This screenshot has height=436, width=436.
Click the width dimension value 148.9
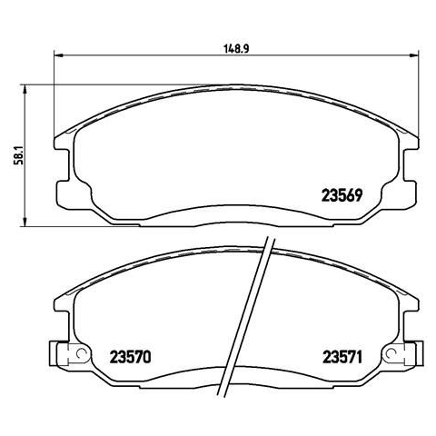236,49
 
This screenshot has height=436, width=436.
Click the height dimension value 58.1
20,156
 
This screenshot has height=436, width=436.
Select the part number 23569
342,195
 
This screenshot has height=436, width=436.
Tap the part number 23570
130,357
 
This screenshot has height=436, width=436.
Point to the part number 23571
342,357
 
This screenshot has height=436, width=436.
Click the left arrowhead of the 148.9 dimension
58,55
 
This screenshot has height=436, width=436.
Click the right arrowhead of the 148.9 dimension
414,55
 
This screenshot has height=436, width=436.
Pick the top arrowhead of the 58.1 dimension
25,89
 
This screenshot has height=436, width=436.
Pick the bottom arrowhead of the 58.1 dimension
25,222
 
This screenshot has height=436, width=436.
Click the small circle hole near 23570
81,353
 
